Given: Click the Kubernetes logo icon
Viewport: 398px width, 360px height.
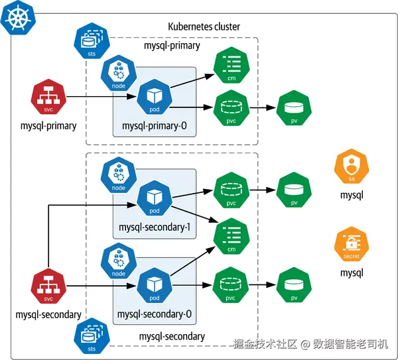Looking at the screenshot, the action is [x=18, y=18].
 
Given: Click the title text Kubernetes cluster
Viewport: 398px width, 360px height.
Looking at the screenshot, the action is [x=204, y=27].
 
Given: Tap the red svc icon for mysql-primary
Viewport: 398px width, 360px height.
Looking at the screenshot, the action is [x=48, y=96].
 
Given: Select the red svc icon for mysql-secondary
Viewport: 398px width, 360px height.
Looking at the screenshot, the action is [x=48, y=286].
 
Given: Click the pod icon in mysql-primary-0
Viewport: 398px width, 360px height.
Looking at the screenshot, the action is [x=155, y=97].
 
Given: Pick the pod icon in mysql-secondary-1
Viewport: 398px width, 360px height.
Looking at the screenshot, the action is [x=155, y=198].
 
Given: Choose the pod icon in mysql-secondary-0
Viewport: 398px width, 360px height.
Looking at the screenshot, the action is [x=155, y=285].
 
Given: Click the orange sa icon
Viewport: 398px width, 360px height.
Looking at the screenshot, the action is [x=352, y=166].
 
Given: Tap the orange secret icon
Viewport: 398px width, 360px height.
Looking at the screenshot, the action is [x=352, y=244].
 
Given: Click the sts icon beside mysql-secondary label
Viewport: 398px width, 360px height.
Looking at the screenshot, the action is [x=92, y=336].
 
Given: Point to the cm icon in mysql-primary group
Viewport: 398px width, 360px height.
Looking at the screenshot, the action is [x=232, y=65].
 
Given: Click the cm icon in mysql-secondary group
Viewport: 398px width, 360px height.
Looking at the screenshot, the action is [x=232, y=236].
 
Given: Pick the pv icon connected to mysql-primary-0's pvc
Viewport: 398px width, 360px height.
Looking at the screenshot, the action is [x=294, y=108].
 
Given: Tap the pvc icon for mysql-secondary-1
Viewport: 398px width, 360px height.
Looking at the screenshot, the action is [x=232, y=190].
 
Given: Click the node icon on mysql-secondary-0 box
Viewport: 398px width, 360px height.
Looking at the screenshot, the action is [x=119, y=261].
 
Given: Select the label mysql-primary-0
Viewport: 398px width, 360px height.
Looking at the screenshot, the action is [x=155, y=126].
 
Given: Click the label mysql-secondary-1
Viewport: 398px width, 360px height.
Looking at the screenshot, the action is [x=155, y=227].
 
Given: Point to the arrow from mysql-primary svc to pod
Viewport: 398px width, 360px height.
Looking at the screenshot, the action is [x=101, y=97].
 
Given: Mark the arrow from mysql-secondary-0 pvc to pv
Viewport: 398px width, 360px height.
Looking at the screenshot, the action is [x=263, y=285].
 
